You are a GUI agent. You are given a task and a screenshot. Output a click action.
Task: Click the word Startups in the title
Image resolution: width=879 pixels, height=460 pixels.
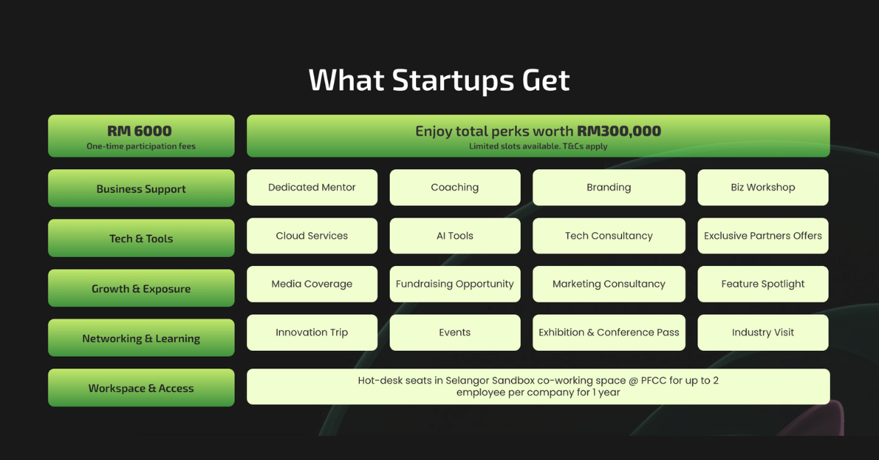tap(453, 81)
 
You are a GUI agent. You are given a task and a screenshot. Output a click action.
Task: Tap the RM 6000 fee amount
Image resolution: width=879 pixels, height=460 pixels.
tap(139, 130)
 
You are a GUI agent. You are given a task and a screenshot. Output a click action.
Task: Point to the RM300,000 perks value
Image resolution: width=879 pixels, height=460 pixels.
tap(619, 130)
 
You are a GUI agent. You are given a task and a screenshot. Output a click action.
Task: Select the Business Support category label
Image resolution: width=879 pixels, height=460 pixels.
tap(141, 188)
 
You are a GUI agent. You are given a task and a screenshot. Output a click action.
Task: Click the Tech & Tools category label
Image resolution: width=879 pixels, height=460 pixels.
tap(141, 238)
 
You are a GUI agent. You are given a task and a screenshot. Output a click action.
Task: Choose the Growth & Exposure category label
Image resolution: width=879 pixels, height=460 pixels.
tap(141, 288)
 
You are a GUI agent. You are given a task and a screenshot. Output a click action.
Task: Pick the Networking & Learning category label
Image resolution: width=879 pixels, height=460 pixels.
tap(141, 338)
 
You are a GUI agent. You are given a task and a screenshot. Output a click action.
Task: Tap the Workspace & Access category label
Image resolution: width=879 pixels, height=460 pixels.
tap(141, 387)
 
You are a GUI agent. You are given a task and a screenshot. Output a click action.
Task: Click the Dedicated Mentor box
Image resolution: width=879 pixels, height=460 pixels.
tap(312, 188)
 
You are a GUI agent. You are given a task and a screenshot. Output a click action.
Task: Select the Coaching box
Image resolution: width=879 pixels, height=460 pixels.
tap(455, 188)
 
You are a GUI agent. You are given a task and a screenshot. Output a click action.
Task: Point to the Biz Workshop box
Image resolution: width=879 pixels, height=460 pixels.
tap(763, 188)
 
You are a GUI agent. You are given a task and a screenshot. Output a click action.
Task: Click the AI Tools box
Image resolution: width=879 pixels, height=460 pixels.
tap(455, 236)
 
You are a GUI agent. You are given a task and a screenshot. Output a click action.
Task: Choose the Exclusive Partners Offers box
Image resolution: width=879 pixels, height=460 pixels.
tap(763, 236)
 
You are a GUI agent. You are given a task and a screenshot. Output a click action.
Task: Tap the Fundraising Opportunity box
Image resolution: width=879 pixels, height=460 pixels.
tap(455, 283)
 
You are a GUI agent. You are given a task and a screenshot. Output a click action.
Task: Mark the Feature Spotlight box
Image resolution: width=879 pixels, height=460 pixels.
tap(763, 283)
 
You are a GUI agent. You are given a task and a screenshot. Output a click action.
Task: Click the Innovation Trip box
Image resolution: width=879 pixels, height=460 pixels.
tap(312, 333)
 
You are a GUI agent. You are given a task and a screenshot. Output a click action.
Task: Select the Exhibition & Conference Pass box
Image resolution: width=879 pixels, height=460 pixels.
tap(609, 333)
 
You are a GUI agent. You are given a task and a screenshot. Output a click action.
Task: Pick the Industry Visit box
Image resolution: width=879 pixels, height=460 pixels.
tap(763, 333)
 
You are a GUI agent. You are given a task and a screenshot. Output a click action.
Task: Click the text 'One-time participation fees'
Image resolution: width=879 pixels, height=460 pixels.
tap(141, 146)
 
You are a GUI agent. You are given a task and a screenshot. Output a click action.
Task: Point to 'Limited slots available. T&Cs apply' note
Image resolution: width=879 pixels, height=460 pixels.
tap(538, 146)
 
